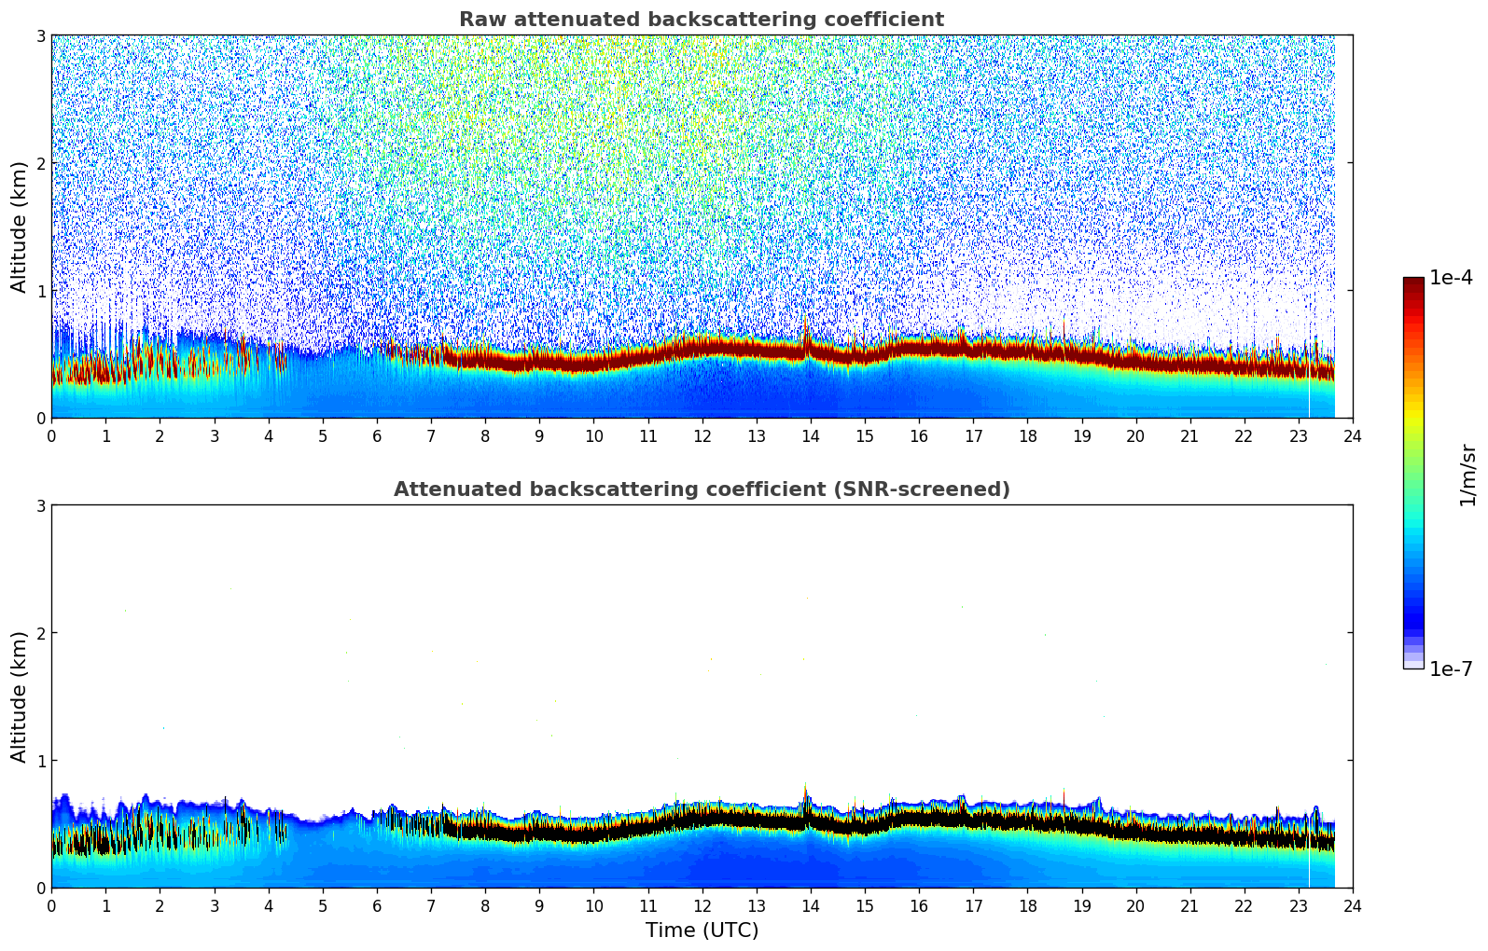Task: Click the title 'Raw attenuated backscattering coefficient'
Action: [x=702, y=20]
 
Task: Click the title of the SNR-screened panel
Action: [x=702, y=489]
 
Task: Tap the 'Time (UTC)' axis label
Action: [x=702, y=930]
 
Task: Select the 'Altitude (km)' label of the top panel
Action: [x=19, y=227]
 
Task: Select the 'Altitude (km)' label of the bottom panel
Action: [x=19, y=696]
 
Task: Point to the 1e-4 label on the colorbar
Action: [x=1451, y=278]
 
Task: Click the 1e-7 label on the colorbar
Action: [x=1451, y=668]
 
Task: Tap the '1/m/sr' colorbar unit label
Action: [x=1467, y=475]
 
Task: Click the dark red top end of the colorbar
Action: [x=1413, y=282]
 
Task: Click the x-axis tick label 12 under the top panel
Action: [x=702, y=435]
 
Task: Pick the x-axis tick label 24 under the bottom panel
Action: [x=1352, y=905]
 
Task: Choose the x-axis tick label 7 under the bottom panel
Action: [x=431, y=905]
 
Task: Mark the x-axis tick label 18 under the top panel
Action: [x=1027, y=435]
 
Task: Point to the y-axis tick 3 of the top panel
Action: [x=40, y=35]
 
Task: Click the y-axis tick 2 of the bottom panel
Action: [x=40, y=633]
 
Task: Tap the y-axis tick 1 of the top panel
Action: [x=40, y=291]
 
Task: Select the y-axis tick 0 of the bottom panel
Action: [x=40, y=888]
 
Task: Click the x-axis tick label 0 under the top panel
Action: [x=51, y=435]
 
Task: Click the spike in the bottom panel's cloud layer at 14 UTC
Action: [x=806, y=792]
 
